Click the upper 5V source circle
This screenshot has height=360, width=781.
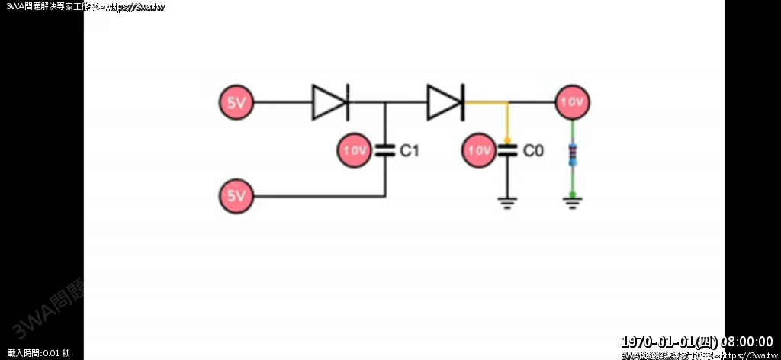[x=236, y=102]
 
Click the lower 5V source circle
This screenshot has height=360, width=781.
[x=236, y=197]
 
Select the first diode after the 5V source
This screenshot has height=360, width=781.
[x=330, y=102]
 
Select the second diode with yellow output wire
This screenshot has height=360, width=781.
[x=445, y=102]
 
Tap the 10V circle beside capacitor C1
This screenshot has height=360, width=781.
[x=355, y=150]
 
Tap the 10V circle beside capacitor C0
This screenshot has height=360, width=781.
[x=479, y=150]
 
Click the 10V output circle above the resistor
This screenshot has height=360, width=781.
[x=572, y=102]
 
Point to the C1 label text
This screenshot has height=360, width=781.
[x=410, y=151]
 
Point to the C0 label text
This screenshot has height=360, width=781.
[x=533, y=151]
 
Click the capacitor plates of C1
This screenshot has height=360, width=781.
[x=384, y=150]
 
